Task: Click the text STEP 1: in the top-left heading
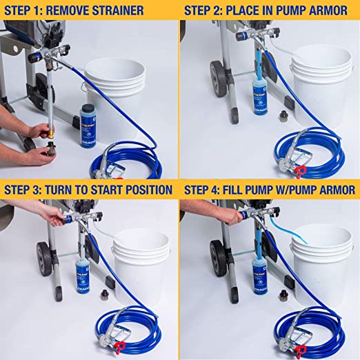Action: [x=28, y=10]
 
